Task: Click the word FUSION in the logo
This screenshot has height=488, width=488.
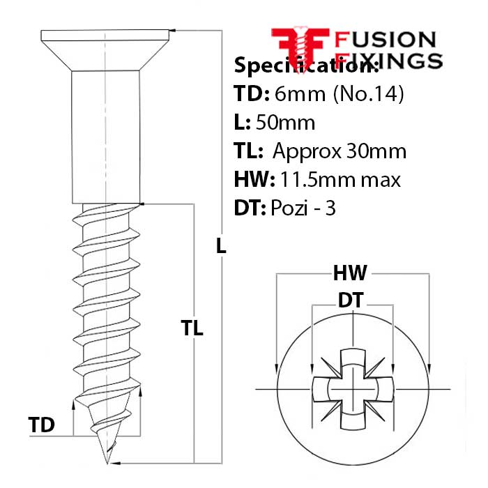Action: (385, 40)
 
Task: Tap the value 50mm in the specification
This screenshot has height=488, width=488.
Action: (285, 123)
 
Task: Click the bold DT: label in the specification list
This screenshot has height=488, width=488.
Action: (250, 208)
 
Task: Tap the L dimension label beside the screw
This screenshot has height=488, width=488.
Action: (221, 245)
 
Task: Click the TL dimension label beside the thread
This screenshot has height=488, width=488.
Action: (192, 328)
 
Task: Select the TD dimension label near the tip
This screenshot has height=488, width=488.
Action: (42, 425)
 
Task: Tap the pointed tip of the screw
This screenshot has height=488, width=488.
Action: (107, 462)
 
